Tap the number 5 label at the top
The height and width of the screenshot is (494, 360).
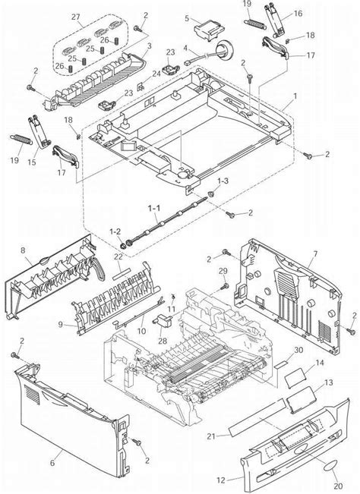[x=187, y=17]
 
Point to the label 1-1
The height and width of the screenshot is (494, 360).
[x=153, y=206]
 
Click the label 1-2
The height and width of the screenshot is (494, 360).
[x=115, y=231]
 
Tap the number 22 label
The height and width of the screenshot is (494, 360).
[x=118, y=256]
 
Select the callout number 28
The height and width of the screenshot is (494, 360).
[x=163, y=340]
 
